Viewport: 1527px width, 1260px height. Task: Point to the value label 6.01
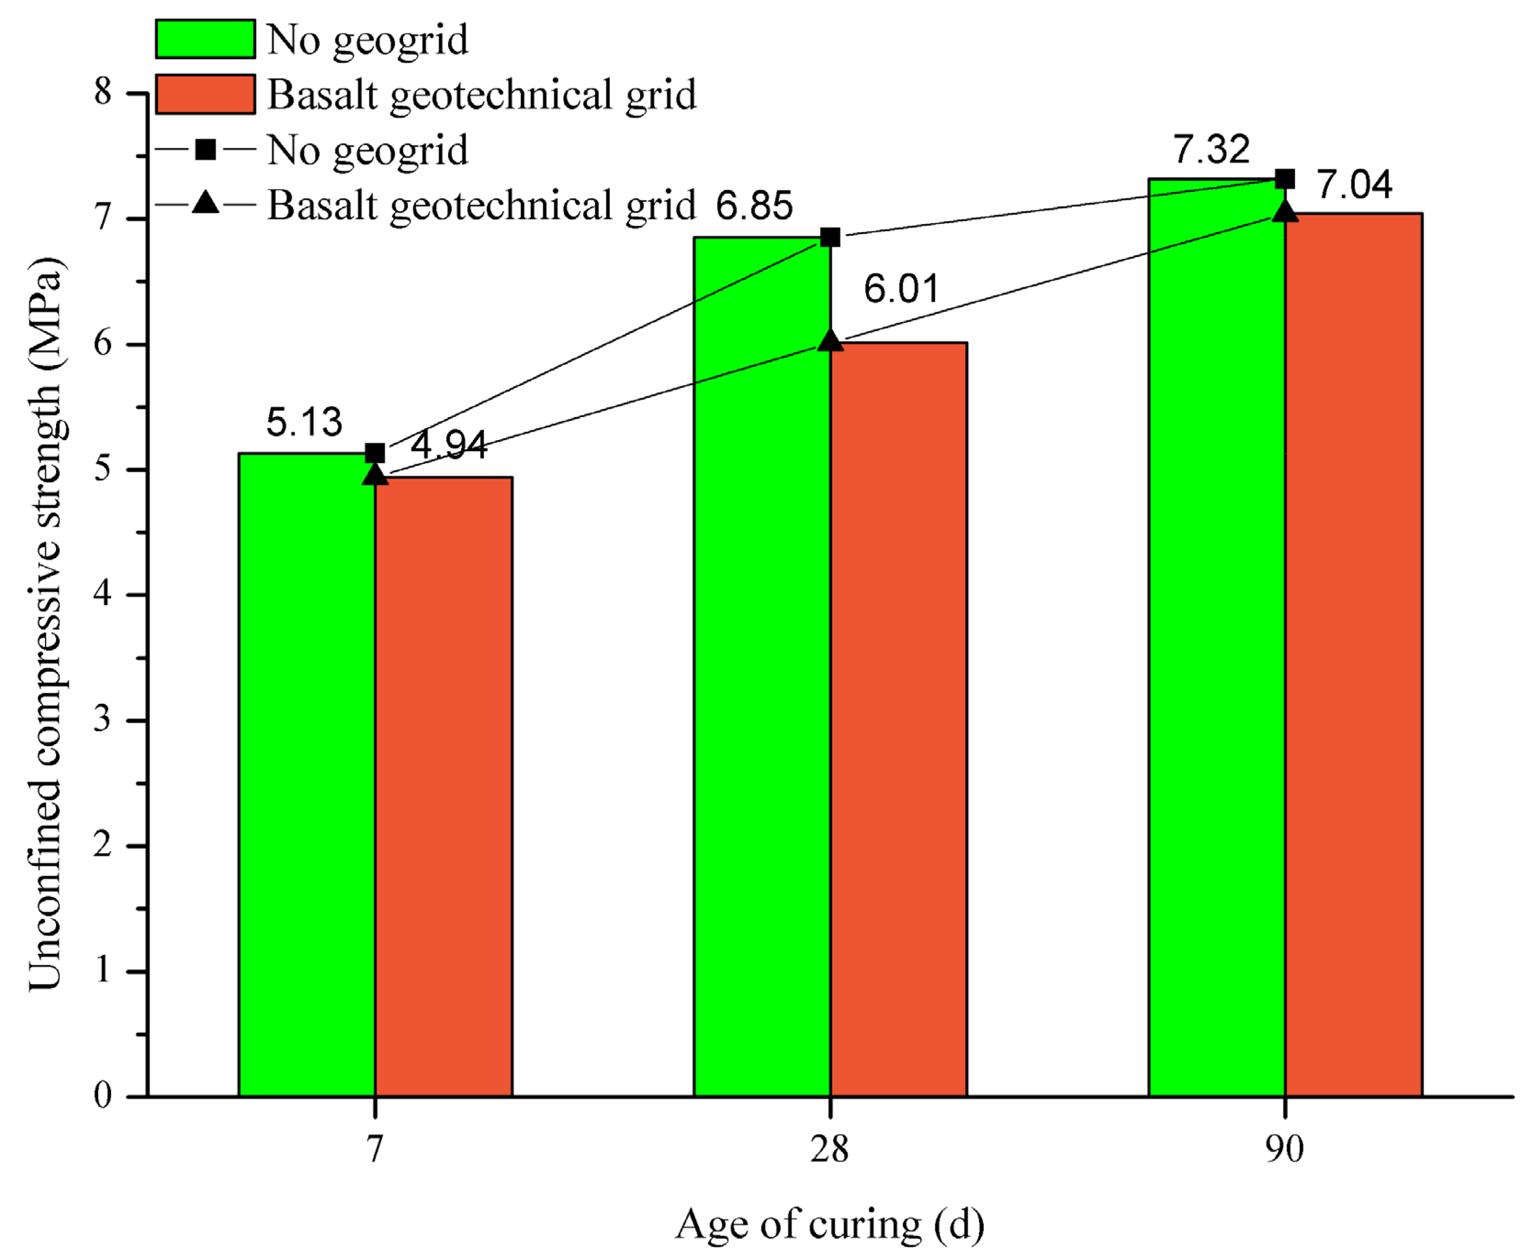coord(901,289)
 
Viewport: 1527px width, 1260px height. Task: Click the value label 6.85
coord(754,206)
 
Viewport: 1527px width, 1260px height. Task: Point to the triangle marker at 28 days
coord(830,341)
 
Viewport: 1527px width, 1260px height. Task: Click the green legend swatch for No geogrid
coord(206,39)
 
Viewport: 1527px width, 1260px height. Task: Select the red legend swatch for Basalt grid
coord(206,95)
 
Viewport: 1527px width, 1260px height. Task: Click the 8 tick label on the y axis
coord(103,92)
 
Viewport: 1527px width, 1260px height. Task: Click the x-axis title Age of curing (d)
coord(830,1224)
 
